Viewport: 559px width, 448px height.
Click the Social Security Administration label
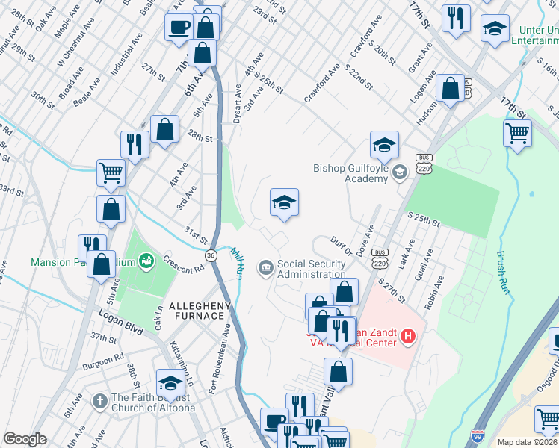coord(311,268)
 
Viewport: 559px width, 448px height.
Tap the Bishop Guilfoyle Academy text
coord(350,172)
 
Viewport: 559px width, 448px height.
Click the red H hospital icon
coord(408,337)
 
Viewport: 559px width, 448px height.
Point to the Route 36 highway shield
coord(211,255)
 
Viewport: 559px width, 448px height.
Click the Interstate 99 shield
coord(477,435)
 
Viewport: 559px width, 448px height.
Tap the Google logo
coord(25,439)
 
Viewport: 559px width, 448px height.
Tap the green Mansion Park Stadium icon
coord(147,259)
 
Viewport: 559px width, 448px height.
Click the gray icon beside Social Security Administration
coord(265,267)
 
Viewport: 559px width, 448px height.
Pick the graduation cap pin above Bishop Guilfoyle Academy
coord(384,145)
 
